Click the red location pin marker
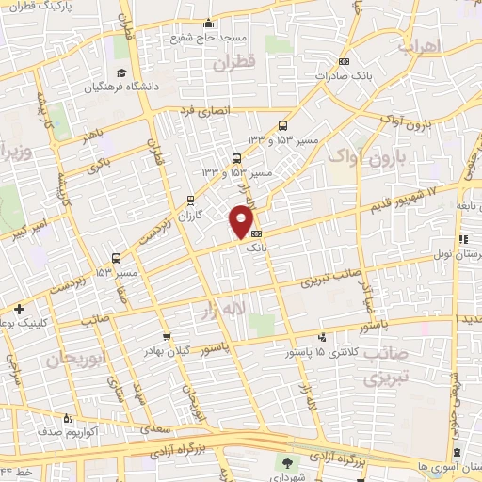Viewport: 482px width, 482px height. pyautogui.click(x=242, y=222)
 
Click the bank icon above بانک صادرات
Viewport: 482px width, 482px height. pyautogui.click(x=344, y=62)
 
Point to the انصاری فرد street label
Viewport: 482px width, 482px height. pyautogui.click(x=200, y=111)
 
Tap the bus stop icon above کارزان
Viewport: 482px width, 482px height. pyautogui.click(x=191, y=200)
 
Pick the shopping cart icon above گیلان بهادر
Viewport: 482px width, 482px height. pyautogui.click(x=167, y=336)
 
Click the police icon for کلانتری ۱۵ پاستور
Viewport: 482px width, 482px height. pyautogui.click(x=323, y=336)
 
